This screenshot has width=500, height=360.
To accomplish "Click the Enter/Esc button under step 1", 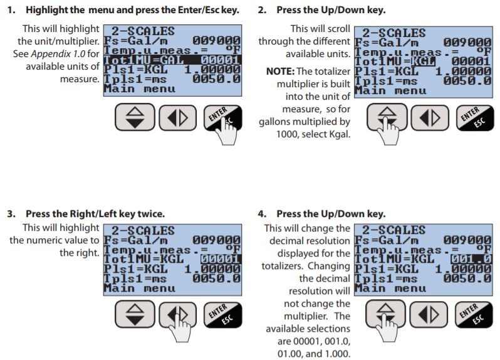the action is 222,117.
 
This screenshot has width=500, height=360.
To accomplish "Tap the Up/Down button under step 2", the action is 387,117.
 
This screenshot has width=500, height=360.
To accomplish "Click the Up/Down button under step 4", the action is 385,314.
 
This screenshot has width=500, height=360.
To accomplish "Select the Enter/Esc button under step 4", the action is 474,314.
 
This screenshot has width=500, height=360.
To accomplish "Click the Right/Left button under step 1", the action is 177,118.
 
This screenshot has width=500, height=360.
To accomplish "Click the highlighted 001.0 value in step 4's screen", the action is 471,259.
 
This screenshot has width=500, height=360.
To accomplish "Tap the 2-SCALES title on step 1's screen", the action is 143,31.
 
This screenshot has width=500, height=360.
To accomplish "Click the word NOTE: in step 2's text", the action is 280,71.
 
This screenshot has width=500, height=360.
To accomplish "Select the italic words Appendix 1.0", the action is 58,54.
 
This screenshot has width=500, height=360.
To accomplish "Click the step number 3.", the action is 11,213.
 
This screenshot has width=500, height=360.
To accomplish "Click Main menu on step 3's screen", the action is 139,289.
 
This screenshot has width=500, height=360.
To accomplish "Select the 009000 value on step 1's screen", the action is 216,41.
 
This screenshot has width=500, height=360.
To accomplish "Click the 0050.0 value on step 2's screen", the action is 467,81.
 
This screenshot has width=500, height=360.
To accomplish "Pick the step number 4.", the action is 262,213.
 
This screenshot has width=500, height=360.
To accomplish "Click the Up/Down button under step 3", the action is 135,314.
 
